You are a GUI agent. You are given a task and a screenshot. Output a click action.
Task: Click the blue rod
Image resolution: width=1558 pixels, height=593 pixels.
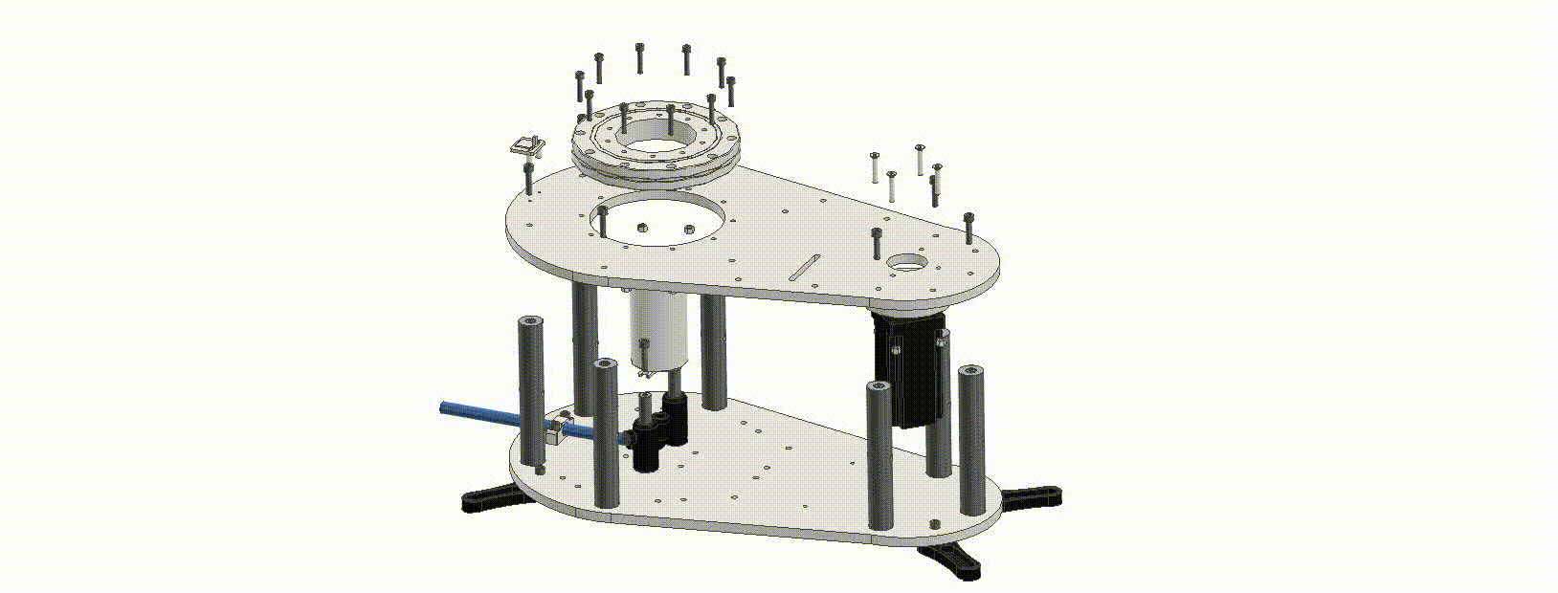[x=488, y=417]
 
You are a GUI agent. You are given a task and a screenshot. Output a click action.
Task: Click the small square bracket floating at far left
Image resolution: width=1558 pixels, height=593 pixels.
[x=525, y=146]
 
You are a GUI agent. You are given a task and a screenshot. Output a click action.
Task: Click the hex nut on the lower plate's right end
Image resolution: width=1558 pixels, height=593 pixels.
[x=935, y=524]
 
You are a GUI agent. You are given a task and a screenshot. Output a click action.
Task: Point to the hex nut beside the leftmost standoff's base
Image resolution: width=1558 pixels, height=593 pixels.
[x=542, y=469]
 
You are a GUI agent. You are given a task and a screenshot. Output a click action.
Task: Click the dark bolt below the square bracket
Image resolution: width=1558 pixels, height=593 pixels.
[x=528, y=176]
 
